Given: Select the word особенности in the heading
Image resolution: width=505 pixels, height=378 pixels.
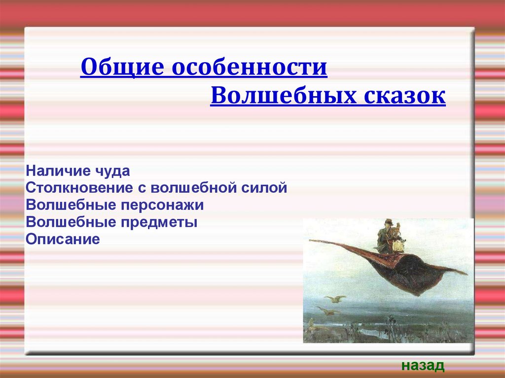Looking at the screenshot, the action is [249, 68].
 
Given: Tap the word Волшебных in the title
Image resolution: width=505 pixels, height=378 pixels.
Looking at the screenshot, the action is [284, 96].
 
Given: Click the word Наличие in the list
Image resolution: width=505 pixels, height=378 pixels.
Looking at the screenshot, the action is [58, 171].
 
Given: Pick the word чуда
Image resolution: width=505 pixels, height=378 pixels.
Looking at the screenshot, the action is [112, 172].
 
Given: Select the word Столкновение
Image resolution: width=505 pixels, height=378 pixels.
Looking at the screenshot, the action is [79, 188].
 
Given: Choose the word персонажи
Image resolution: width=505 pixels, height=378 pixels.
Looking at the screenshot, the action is [162, 206].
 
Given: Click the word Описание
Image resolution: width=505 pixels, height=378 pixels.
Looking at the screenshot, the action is [63, 239].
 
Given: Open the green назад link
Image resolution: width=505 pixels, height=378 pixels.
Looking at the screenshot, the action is [423, 366].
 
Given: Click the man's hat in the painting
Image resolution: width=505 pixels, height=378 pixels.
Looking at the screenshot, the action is [388, 221].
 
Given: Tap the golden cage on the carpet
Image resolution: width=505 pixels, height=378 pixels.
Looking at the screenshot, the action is [398, 245].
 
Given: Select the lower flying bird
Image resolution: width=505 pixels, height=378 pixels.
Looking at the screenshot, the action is [328, 310].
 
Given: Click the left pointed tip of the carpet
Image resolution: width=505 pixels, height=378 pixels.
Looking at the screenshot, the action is [310, 240].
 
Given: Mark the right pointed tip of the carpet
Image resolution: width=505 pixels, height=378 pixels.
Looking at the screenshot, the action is [466, 274].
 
